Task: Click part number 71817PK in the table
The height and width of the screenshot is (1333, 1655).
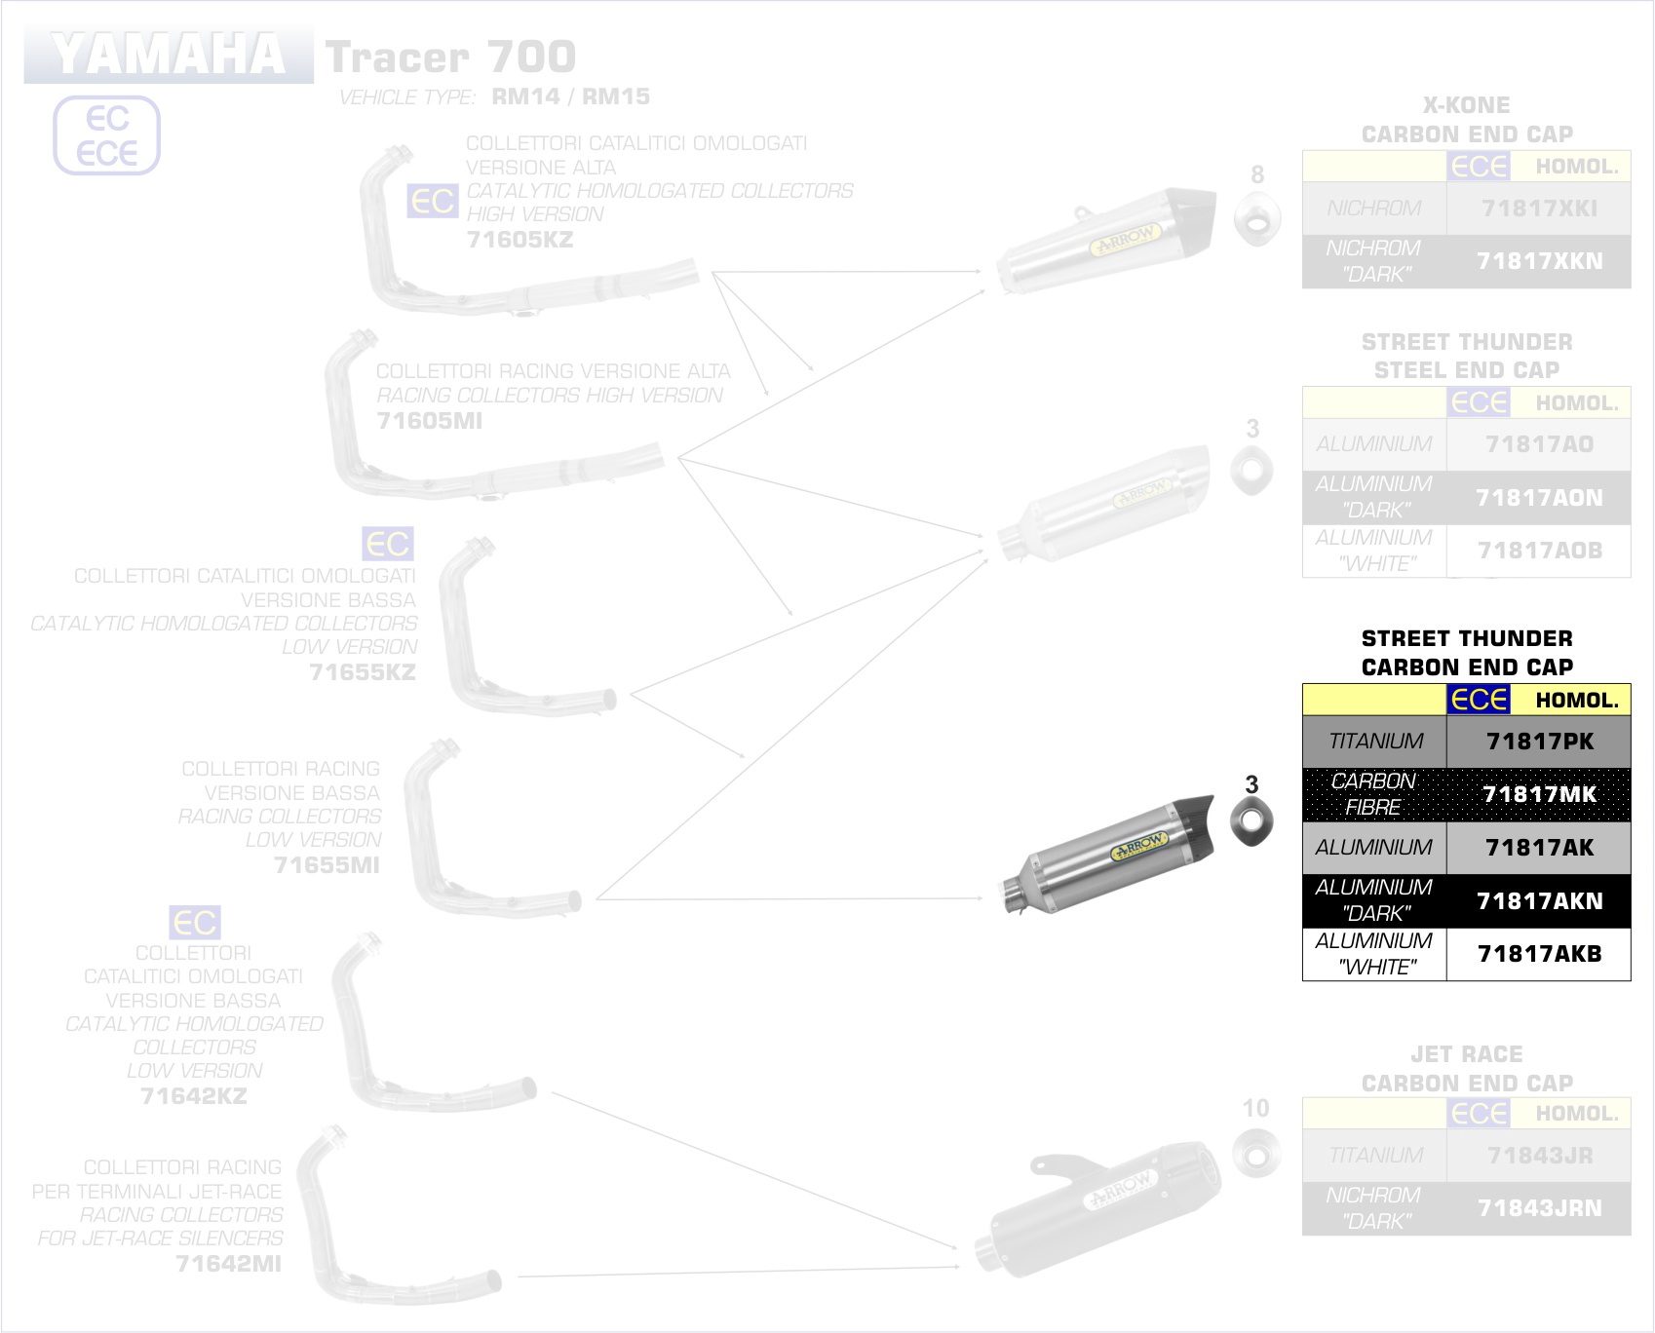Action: point(1539,742)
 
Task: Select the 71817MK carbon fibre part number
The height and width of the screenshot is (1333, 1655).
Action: point(1539,794)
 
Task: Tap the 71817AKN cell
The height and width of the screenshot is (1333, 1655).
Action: point(1539,900)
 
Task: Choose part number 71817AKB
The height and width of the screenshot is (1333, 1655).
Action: point(1539,954)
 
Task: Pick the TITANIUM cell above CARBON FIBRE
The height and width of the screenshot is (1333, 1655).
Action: point(1375,742)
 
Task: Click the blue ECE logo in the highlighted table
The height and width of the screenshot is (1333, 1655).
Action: point(1479,700)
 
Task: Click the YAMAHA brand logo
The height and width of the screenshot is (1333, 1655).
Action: point(169,55)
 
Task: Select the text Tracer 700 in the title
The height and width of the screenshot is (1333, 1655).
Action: point(450,57)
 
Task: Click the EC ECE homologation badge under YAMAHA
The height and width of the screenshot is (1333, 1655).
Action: point(106,135)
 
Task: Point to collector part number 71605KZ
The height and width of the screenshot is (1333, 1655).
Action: point(520,240)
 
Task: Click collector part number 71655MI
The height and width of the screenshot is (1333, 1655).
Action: point(327,864)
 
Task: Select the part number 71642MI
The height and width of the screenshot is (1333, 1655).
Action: point(228,1264)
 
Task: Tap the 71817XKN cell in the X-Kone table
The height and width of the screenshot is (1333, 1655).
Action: point(1539,261)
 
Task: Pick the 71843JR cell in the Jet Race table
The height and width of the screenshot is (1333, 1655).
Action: point(1539,1156)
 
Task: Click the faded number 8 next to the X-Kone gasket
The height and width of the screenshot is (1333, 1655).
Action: point(1257,174)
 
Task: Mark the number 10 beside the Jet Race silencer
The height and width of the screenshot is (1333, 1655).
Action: point(1255,1108)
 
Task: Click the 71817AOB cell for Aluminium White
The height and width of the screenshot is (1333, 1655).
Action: point(1539,551)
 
